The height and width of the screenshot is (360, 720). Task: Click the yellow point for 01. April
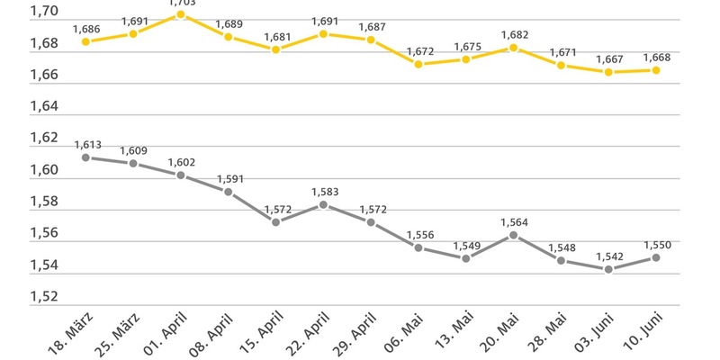click(181, 14)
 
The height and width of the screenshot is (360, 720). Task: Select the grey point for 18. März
click(85, 157)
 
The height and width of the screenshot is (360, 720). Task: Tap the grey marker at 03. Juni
click(608, 269)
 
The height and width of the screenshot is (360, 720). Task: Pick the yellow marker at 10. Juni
click(656, 70)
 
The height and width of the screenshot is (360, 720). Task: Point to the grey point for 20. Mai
click(513, 235)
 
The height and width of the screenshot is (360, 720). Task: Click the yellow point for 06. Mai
click(418, 64)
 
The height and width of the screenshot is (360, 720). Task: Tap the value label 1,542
click(608, 255)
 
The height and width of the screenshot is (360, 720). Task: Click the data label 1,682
click(513, 34)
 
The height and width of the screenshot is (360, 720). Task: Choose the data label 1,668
click(656, 57)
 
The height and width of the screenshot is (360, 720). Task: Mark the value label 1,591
click(229, 177)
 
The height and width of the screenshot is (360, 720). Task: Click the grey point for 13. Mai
click(466, 258)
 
